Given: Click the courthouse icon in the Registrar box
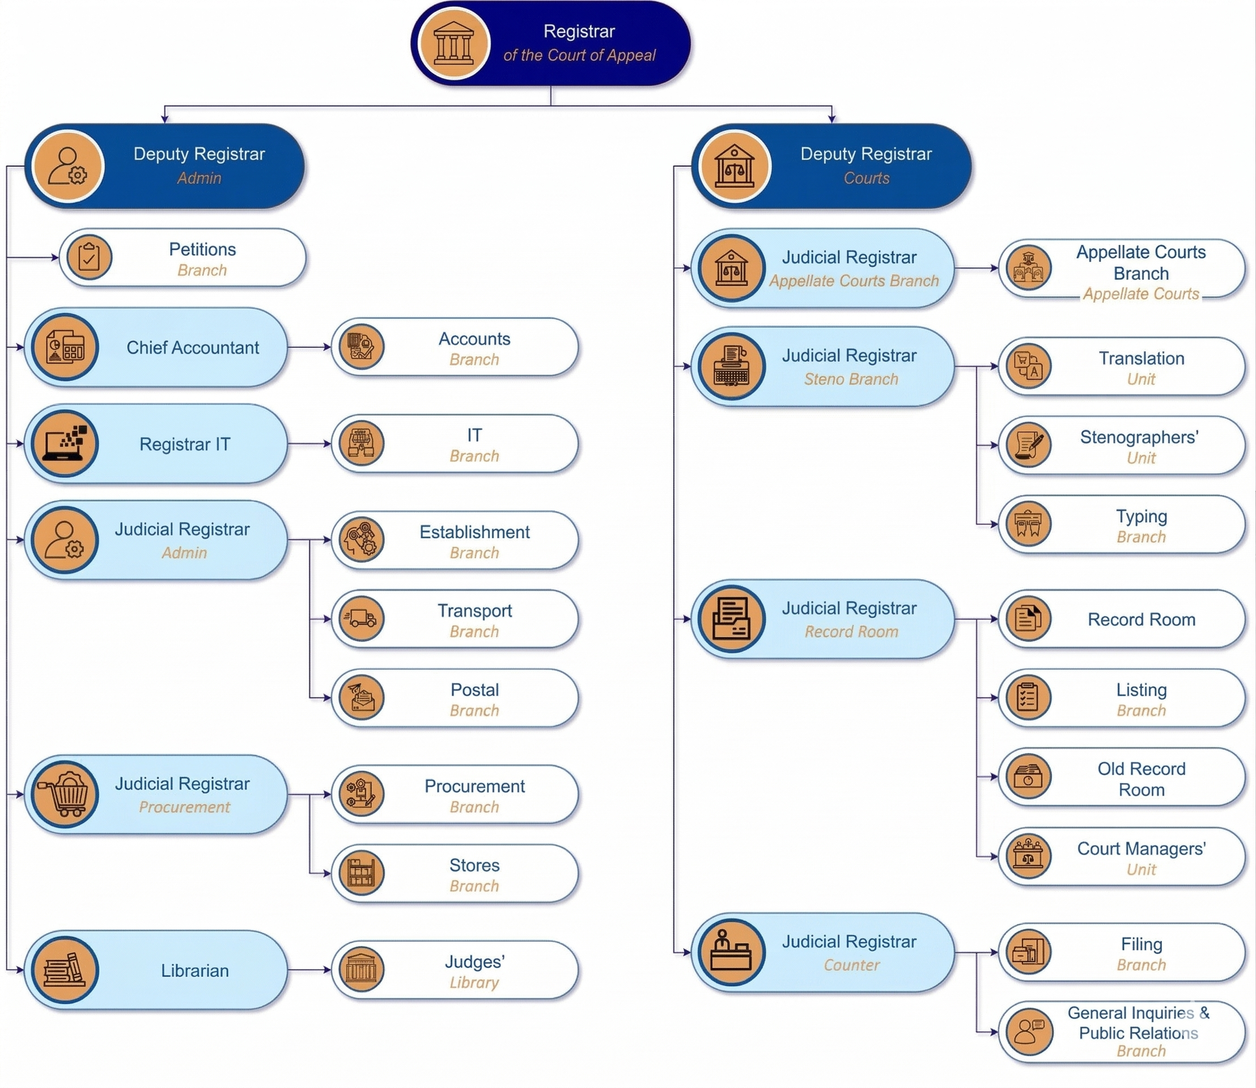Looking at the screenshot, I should point(453,44).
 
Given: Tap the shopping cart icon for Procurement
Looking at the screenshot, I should point(65,794).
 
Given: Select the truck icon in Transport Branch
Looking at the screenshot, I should point(362,619).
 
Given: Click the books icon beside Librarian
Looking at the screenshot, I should point(65,970).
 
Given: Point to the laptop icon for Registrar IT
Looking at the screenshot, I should point(65,444).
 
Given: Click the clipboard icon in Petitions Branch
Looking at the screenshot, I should point(90,257).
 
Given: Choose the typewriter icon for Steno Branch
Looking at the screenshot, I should point(732,366).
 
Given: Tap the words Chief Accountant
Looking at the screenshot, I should point(193,347).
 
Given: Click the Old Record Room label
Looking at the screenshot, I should point(1141,779).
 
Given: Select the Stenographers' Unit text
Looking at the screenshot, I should point(1139,447).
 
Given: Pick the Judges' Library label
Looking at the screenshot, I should point(474,972).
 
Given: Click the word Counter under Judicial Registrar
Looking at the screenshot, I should point(851,964).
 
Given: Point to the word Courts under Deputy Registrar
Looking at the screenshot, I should point(866,178).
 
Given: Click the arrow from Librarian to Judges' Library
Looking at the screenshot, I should point(309,970).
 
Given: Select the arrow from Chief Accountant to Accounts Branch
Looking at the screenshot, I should point(309,347).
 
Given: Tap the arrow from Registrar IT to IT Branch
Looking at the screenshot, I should point(309,444).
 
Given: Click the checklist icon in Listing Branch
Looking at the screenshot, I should point(1028,698).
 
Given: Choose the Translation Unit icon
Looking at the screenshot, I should point(1028,366).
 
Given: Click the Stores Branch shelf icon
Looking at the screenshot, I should point(362,873).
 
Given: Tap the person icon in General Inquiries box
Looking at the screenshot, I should point(1028,1031).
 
